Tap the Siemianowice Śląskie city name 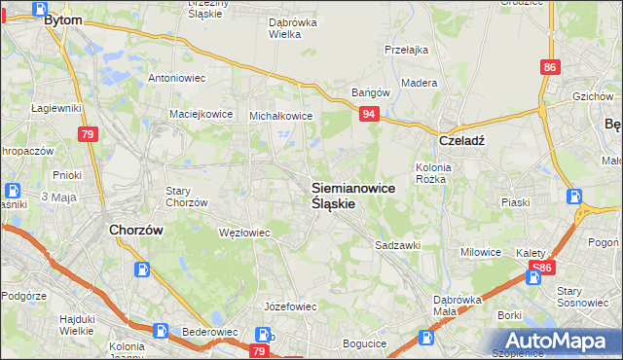pos(352,196)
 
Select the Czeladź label pos(460,139)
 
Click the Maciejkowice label pos(202,114)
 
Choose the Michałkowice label pos(280,115)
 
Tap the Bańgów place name pos(370,93)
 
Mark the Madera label pos(419,84)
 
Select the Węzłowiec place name pos(244,233)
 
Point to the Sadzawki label pos(397,246)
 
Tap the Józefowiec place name pos(292,306)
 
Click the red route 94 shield pos(369,115)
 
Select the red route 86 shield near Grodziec pos(551,67)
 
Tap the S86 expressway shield pos(541,266)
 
